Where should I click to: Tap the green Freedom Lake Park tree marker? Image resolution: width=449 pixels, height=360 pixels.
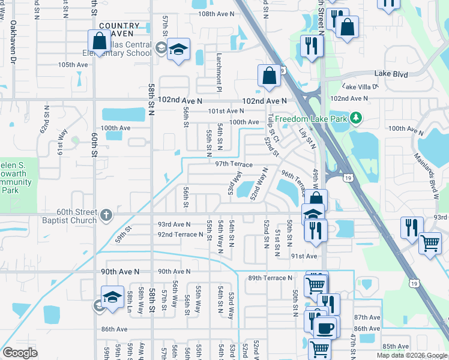coord(357,117)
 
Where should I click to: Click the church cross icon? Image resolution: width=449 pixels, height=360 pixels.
coord(106,214)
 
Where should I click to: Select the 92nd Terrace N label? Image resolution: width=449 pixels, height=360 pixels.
coord(180,234)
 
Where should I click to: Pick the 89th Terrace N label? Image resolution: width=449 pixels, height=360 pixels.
coord(270,278)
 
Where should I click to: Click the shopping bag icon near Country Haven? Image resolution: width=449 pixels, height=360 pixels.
coord(98,42)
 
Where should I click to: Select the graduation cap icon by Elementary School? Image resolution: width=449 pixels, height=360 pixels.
coord(178,51)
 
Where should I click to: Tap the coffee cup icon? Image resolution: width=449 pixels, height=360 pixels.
coord(325,327)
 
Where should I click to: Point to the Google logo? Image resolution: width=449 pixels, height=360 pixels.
coord(20,353)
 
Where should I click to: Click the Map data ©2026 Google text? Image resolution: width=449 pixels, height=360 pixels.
coord(412,355)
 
